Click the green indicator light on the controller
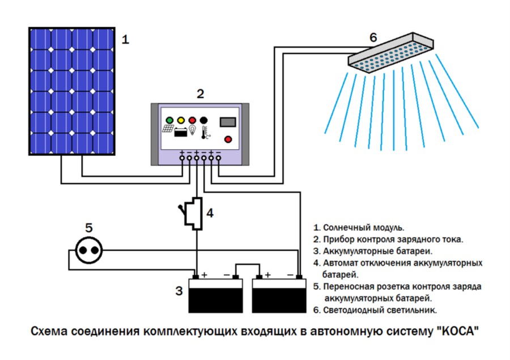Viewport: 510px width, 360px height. coord(169,121)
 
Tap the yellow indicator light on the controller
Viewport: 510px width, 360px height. coord(181,121)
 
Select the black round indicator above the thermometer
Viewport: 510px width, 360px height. coord(204,121)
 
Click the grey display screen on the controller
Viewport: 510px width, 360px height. coord(228,121)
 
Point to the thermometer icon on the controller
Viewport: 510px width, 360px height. coord(205,133)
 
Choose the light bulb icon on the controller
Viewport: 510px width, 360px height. coord(193,132)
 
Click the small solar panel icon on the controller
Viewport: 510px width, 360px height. coord(168,129)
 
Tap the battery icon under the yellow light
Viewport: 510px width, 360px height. coord(181,133)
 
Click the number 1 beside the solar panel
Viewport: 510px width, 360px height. coord(126,40)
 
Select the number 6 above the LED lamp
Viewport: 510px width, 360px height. coord(373,37)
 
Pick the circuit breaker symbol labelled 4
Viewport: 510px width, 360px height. coord(194,213)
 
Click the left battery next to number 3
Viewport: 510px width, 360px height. coord(215,295)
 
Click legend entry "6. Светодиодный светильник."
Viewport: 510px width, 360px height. coord(375,310)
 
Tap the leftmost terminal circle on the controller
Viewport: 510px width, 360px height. coord(182,160)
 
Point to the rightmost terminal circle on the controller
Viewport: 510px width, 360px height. coord(218,160)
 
